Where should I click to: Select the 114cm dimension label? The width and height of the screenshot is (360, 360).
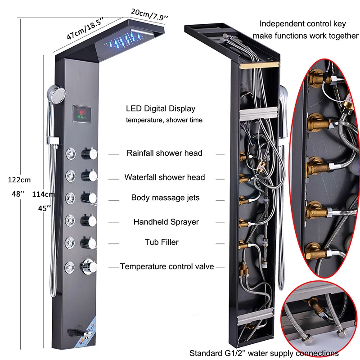[x=43, y=194]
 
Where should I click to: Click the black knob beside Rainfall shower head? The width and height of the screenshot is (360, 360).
[x=89, y=154]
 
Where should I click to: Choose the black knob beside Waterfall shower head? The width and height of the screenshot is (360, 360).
[x=89, y=175]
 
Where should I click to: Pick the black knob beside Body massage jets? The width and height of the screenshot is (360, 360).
[x=89, y=198]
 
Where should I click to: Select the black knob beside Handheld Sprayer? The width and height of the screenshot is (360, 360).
[x=89, y=220]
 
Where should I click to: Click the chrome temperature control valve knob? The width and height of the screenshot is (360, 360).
[x=89, y=266]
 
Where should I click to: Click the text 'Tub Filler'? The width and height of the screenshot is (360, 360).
[x=162, y=242]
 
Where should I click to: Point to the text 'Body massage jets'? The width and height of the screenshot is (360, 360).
[x=165, y=198]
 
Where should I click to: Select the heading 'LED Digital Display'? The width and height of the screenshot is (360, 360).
[x=161, y=108]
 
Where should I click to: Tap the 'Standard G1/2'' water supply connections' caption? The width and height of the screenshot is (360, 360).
[x=264, y=353]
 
